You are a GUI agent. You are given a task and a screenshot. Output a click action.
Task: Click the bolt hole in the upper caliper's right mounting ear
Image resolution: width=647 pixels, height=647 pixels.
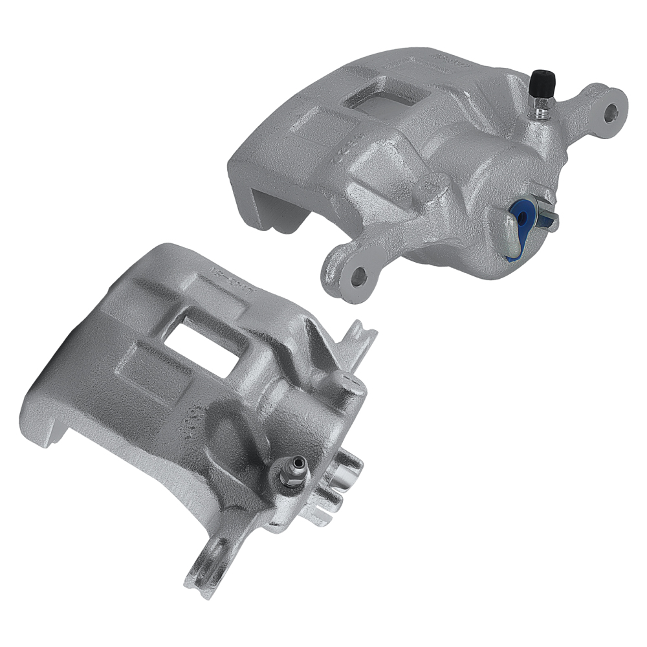609,113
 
